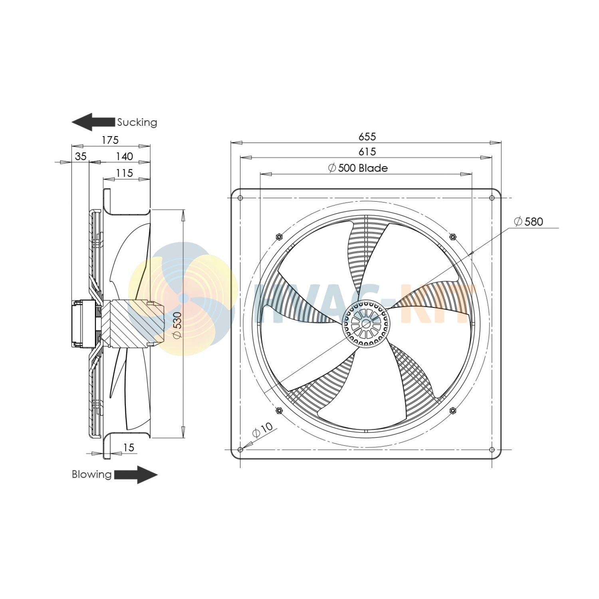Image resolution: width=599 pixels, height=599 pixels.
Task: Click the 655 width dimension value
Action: pyautogui.click(x=367, y=137)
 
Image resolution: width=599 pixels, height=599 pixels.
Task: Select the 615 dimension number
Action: pyautogui.click(x=367, y=152)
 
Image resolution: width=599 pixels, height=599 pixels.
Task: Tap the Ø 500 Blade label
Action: pyautogui.click(x=358, y=168)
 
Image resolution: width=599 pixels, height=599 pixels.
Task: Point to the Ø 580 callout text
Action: pyautogui.click(x=528, y=222)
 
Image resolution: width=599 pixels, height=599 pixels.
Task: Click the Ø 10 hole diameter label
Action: pyautogui.click(x=262, y=430)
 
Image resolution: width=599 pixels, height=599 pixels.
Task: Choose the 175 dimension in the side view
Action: pyautogui.click(x=110, y=140)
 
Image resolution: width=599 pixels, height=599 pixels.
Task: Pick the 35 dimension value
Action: pyautogui.click(x=81, y=157)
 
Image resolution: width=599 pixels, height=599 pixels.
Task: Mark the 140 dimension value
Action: pyautogui.click(x=124, y=157)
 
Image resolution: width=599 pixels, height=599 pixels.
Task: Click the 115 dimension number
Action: pyautogui.click(x=124, y=173)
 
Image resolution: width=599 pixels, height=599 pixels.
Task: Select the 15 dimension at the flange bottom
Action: pyautogui.click(x=129, y=448)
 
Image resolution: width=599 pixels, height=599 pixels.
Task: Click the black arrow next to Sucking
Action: pyautogui.click(x=93, y=122)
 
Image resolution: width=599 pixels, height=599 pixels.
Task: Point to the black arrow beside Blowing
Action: pyautogui.click(x=136, y=475)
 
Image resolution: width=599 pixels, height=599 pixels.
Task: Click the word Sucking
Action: pyautogui.click(x=137, y=122)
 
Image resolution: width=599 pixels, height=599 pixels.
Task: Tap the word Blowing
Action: pyautogui.click(x=91, y=474)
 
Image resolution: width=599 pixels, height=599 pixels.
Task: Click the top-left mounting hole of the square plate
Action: pyautogui.click(x=240, y=198)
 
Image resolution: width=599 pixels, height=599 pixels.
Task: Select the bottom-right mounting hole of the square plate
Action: pyautogui.click(x=492, y=450)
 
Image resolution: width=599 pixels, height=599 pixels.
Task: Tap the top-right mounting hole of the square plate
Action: pyautogui.click(x=492, y=198)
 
